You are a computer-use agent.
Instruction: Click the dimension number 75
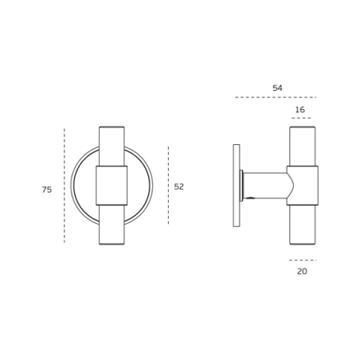click(x=47, y=190)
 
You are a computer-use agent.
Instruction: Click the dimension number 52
click(x=179, y=186)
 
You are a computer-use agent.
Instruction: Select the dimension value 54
click(x=277, y=88)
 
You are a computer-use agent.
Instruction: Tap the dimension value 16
click(x=299, y=110)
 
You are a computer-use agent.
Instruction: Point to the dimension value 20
click(x=302, y=272)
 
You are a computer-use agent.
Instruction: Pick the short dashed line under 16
click(x=300, y=118)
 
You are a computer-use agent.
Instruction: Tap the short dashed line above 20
click(x=302, y=260)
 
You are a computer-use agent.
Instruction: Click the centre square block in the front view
click(x=112, y=186)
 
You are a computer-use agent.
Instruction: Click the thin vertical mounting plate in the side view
click(x=237, y=186)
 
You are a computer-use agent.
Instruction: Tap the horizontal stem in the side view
click(x=264, y=185)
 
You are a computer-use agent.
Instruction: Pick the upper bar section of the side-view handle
click(x=302, y=146)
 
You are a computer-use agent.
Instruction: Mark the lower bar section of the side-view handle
click(x=302, y=225)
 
